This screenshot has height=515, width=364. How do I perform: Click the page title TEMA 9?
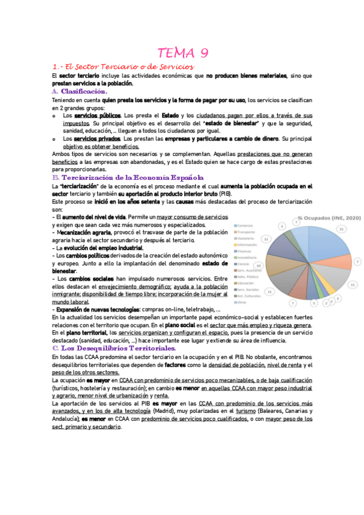(x=183, y=53)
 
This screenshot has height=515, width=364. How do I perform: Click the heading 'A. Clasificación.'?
(x=80, y=91)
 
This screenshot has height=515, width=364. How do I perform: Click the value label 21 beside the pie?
(x=342, y=229)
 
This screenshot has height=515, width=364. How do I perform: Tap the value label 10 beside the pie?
(x=259, y=266)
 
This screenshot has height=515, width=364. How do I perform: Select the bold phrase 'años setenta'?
(x=126, y=201)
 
